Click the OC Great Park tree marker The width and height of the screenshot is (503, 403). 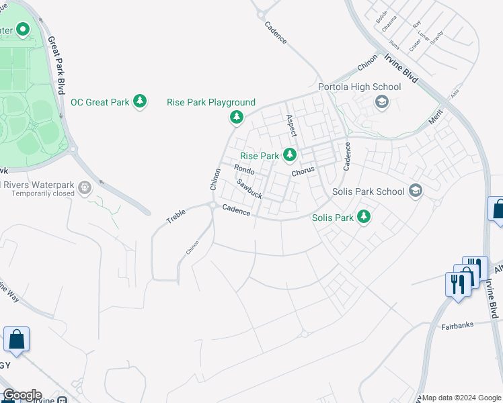click(x=140, y=102)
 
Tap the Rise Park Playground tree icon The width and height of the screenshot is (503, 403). click(x=237, y=118)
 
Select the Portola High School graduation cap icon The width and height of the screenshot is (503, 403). click(x=381, y=102)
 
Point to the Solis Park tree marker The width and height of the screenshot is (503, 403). click(x=364, y=217)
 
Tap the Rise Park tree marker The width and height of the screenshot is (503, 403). click(x=290, y=155)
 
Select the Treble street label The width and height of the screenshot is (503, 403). click(x=177, y=215)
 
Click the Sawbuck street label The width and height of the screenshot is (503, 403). click(x=249, y=189)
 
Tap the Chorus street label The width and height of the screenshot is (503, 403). click(x=303, y=171)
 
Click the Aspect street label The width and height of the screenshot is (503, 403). click(x=291, y=125)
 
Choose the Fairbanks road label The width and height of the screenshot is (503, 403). click(x=457, y=325)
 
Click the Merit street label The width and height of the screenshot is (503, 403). click(x=436, y=118)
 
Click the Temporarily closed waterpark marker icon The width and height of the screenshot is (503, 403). click(x=85, y=187)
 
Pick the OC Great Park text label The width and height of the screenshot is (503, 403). click(x=100, y=102)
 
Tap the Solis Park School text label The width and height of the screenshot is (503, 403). click(x=369, y=191)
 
